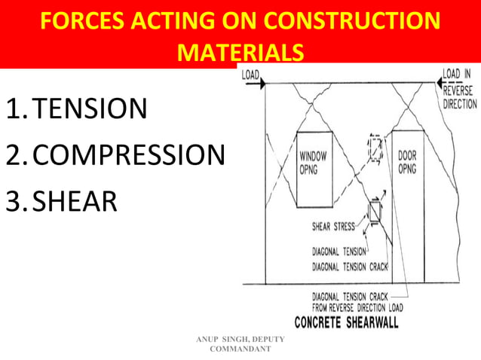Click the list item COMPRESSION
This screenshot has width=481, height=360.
click(129, 155)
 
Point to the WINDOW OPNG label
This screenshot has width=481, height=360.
click(313, 160)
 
